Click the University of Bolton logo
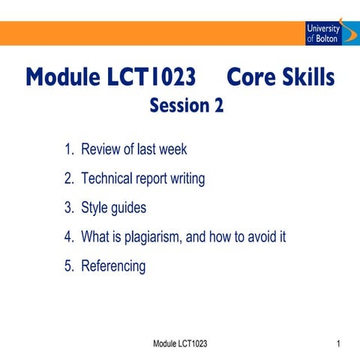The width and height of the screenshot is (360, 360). pos(323,32)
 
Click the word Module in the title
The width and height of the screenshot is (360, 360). pos(61,77)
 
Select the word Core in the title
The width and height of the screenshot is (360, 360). pos(253,77)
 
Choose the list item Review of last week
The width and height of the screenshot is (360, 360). pos(126,149)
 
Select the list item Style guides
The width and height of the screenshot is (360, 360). pos(112,208)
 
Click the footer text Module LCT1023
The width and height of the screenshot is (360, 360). pos(180,343)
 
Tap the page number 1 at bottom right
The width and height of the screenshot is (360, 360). pos(340,343)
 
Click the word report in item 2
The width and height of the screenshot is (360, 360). pos(151,179)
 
